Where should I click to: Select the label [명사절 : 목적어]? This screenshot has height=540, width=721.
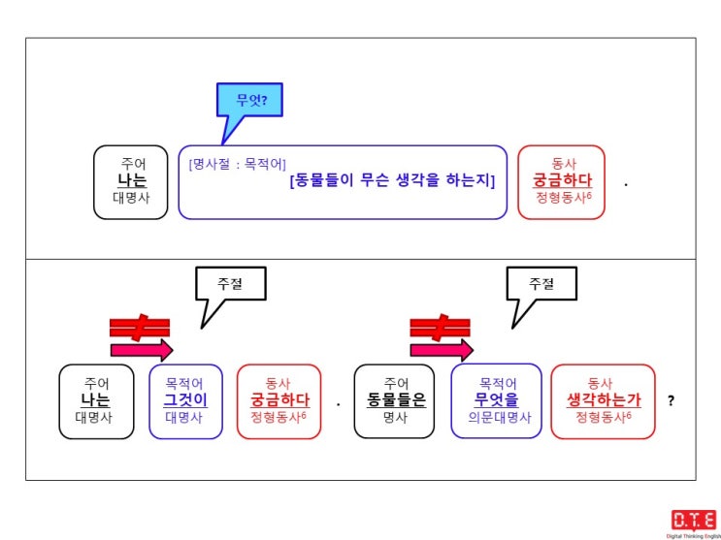pos(238,164)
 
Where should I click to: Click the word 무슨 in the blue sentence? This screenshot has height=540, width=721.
pos(375,181)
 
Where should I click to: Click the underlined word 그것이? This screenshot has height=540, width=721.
pos(185,400)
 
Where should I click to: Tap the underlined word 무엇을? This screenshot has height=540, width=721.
pos(496,400)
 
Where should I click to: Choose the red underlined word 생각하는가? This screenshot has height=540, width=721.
pos(604,400)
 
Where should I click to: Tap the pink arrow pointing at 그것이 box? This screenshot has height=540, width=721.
pos(142,351)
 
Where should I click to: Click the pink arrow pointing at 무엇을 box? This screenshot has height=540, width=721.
pos(442,351)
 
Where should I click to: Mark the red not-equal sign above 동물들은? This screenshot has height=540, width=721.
pos(440,328)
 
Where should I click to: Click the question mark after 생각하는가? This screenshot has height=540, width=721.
pos(671,400)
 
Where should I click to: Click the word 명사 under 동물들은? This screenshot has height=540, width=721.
pos(395,417)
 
